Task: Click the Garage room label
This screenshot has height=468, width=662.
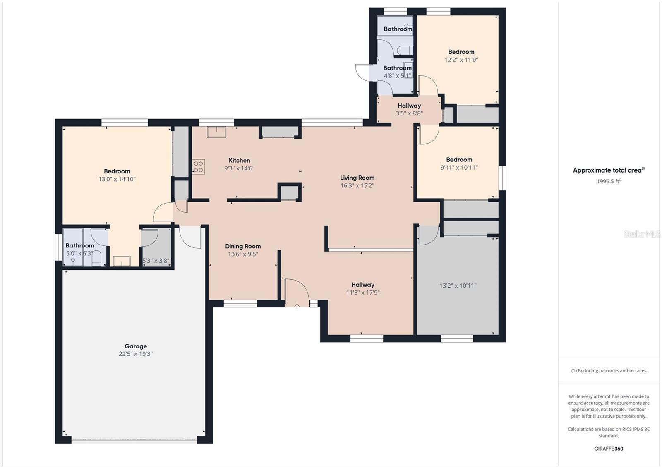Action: [x=136, y=346]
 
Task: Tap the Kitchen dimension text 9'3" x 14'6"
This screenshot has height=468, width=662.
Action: [x=239, y=168]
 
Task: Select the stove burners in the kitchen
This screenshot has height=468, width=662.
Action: [x=198, y=167]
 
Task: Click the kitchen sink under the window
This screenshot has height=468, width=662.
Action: [x=216, y=132]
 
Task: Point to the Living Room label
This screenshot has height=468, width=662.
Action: [x=357, y=178]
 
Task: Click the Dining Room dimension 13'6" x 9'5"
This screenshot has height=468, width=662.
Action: [x=243, y=254]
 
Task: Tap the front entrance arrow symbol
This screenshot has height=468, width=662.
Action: [x=297, y=307]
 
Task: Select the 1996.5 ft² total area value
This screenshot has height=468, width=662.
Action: [x=609, y=181]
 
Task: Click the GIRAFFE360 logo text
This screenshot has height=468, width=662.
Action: [x=609, y=449]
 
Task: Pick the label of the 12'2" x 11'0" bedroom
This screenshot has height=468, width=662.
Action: [x=461, y=52]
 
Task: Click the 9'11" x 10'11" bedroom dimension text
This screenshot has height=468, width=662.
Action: [x=459, y=168]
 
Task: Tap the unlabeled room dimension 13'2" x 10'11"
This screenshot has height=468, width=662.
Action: [x=458, y=286]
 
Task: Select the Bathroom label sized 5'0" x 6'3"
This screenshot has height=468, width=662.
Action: [x=79, y=245]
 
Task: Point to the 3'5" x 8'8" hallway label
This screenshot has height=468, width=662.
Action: [x=409, y=106]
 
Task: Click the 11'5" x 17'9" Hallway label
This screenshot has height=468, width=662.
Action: [x=363, y=285]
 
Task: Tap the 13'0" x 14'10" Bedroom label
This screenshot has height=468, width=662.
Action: [x=117, y=171]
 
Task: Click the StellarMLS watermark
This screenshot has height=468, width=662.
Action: [x=642, y=234]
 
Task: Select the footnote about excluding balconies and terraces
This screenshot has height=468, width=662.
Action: [x=609, y=371]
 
